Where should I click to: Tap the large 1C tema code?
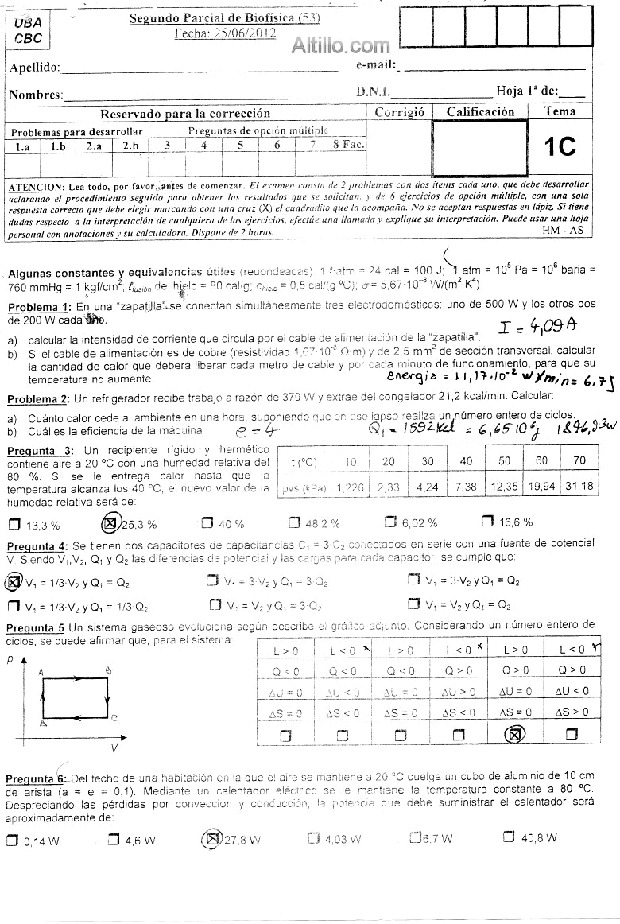point(560,146)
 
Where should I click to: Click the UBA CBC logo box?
point(28,32)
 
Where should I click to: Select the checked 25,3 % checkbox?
point(112,523)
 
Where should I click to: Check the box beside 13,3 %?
point(14,524)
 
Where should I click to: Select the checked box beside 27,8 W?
point(212,838)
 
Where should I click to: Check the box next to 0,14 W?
point(11,840)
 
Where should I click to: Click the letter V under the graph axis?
point(114,748)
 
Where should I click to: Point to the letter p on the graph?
point(11,660)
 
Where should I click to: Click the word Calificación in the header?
point(480,112)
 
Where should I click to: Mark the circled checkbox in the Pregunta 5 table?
point(514,736)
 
